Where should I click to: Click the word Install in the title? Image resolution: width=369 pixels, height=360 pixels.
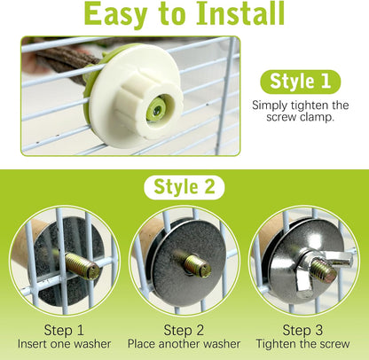pos(240,13)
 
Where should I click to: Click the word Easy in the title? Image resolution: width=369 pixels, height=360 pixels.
pos(115,15)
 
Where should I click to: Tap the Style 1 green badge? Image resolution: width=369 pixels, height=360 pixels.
pos(301,82)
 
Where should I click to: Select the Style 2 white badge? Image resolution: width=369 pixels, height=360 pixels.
pos(184,187)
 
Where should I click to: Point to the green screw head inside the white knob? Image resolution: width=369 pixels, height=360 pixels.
pos(156,110)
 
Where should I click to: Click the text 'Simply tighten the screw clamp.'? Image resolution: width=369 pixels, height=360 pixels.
pos(301,111)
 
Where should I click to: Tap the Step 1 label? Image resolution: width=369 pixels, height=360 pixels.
pos(64,330)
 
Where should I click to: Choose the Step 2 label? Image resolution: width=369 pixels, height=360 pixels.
pos(184,330)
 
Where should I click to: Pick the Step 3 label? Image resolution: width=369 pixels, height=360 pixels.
pos(302,330)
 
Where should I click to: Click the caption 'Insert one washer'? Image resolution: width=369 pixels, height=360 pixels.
pos(64,344)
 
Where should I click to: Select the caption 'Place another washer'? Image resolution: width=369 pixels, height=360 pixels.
pos(184,344)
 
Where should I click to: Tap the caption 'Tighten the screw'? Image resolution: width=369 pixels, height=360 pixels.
pos(302,344)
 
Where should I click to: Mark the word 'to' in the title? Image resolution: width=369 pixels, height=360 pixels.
pos(172,15)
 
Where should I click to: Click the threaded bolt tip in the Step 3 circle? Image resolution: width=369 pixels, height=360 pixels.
pos(325,270)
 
